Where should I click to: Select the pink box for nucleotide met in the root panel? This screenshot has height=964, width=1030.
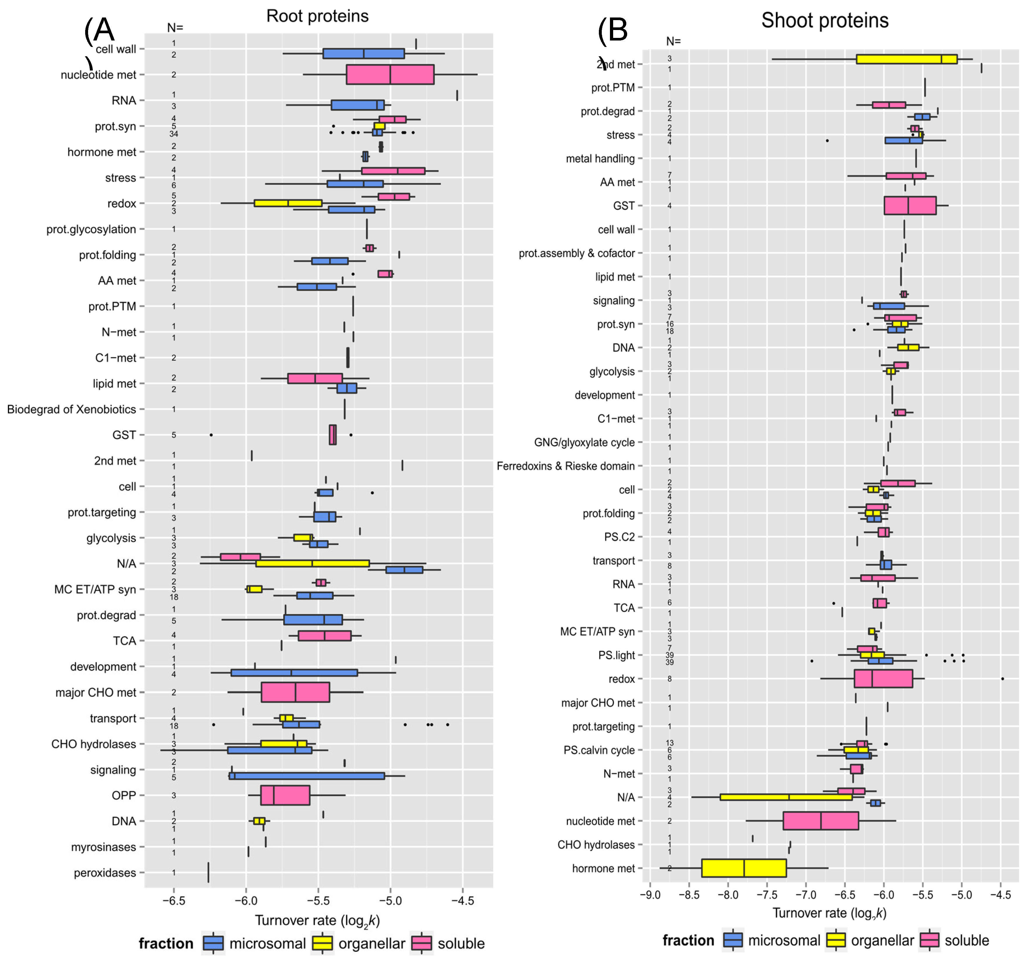pos(390,75)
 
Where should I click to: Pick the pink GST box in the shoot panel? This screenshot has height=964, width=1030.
pos(910,205)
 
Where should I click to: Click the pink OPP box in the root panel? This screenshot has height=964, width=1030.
pos(285,795)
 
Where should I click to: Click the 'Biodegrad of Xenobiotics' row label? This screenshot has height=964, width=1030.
pos(71,409)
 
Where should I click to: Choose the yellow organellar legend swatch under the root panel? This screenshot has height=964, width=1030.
pos(322,943)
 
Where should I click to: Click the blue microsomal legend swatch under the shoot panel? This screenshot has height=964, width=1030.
pos(732,940)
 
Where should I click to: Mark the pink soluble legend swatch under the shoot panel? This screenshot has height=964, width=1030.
pos(929,940)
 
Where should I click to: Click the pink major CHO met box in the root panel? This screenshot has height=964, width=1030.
pos(295,692)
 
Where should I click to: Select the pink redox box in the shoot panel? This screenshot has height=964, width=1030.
pos(883,679)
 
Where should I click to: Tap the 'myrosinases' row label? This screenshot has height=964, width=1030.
pos(104,847)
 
